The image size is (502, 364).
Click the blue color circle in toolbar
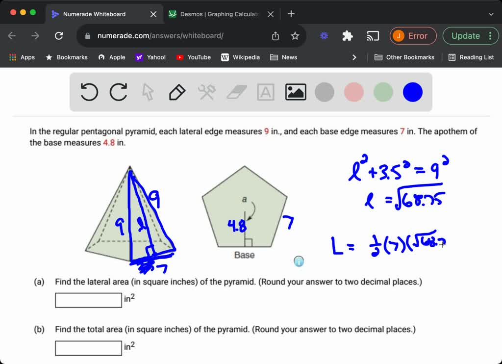[x=413, y=92]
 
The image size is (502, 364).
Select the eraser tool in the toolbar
[x=236, y=92]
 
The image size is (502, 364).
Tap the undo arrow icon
[x=89, y=92]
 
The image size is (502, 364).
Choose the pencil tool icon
[x=177, y=92]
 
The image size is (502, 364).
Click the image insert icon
[x=296, y=92]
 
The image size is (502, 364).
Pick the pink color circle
[x=354, y=92]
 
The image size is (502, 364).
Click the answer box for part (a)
[x=88, y=300]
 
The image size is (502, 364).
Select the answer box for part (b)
[x=88, y=348]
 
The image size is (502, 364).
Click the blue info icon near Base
[x=299, y=261]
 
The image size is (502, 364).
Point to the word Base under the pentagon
[x=244, y=255]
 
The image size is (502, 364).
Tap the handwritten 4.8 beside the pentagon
[x=236, y=227]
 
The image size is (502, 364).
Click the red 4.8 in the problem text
[x=108, y=143]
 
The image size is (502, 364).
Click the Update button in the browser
[x=466, y=36]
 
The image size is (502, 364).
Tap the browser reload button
[x=59, y=36]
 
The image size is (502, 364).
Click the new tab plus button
[x=291, y=14]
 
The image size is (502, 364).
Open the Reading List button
[x=471, y=57]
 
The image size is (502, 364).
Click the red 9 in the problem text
[x=267, y=131]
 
